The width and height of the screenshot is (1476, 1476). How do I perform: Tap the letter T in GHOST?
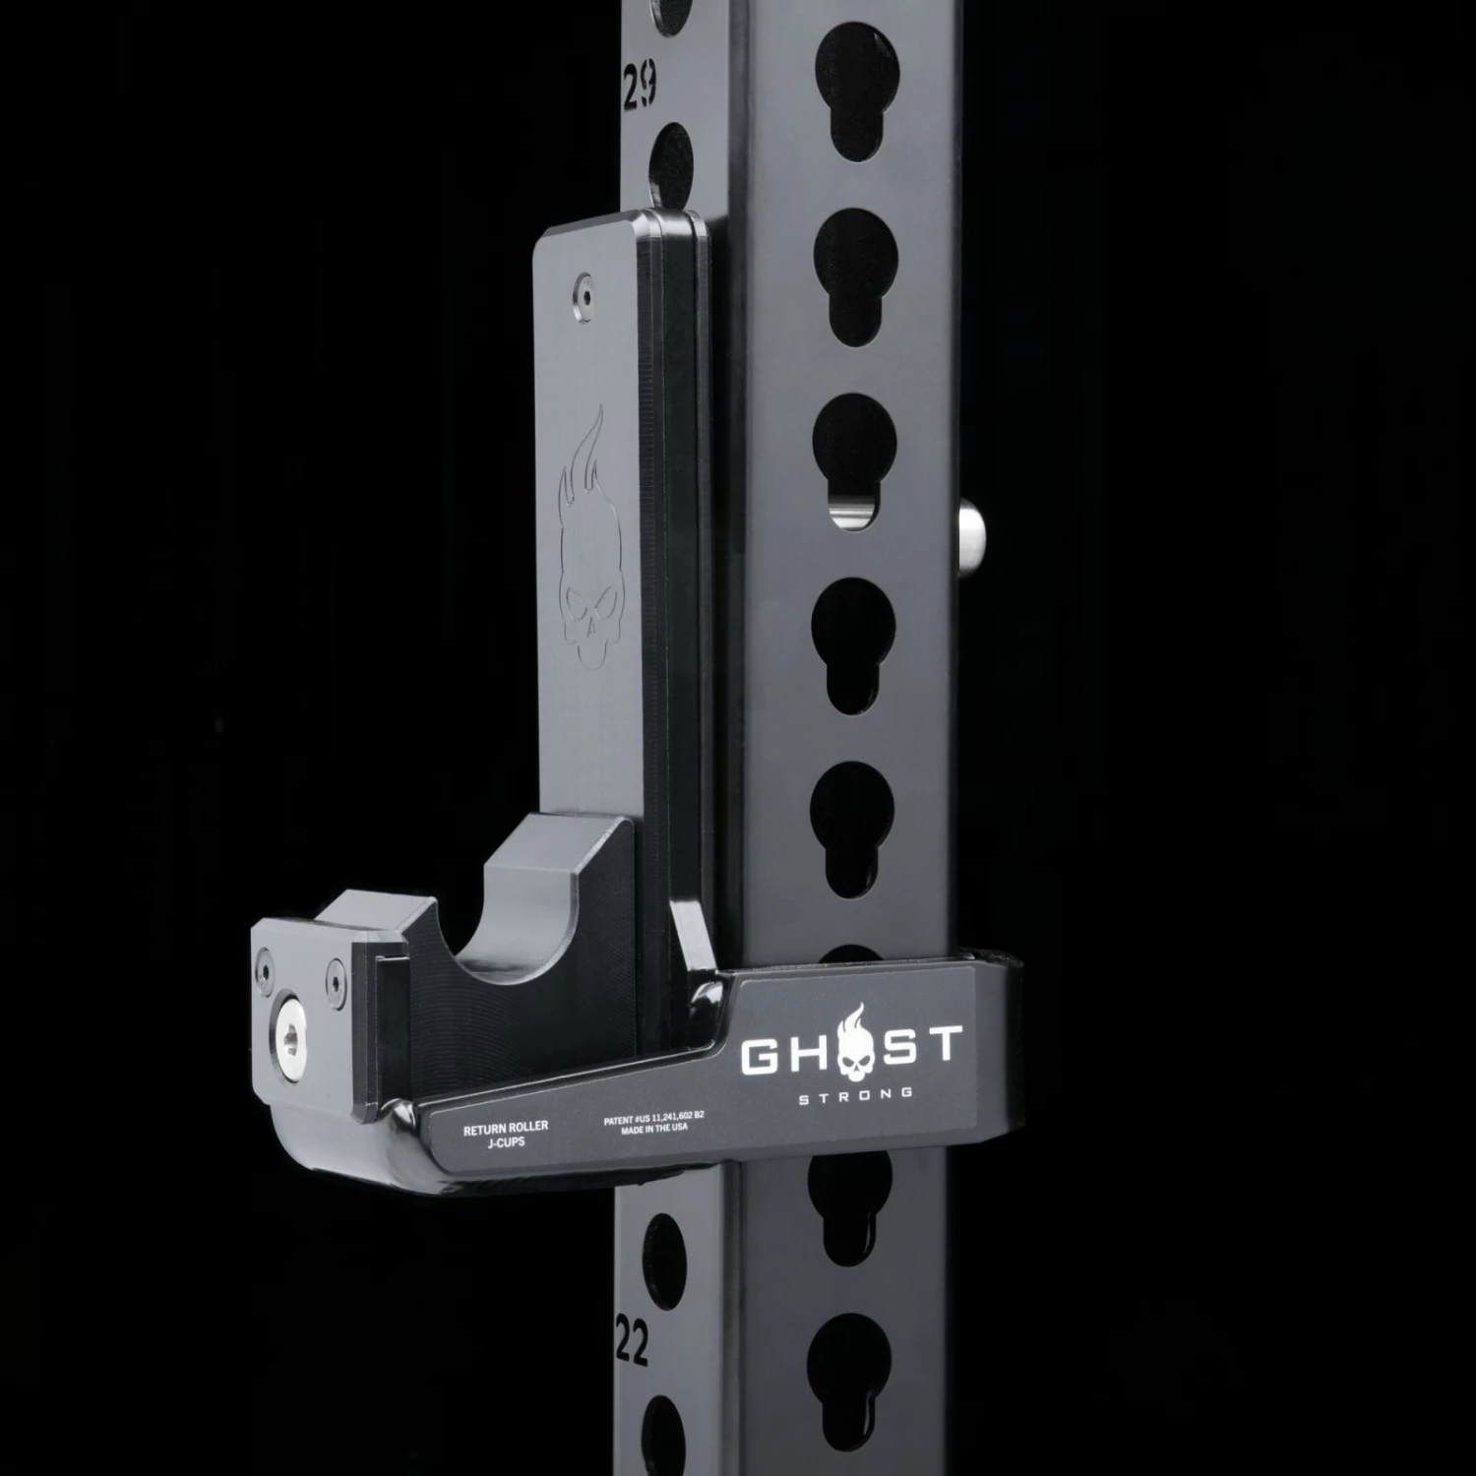pyautogui.click(x=940, y=1043)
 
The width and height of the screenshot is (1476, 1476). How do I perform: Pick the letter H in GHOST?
pyautogui.click(x=806, y=1053)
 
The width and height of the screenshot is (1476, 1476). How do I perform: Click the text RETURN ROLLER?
pyautogui.click(x=506, y=1128)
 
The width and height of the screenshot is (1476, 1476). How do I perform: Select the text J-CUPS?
pyautogui.click(x=506, y=1141)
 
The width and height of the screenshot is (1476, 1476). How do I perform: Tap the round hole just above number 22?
pyautogui.click(x=661, y=1255)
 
